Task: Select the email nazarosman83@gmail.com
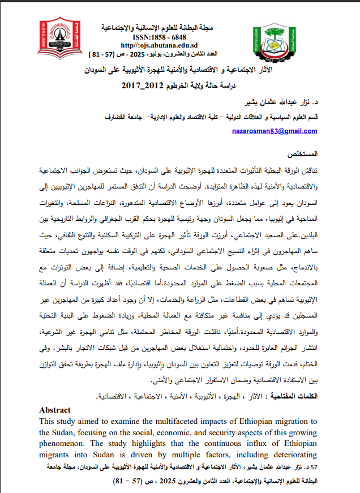tap(274, 131)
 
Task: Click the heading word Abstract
tap(55, 410)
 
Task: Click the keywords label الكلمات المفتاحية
tap(293, 397)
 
